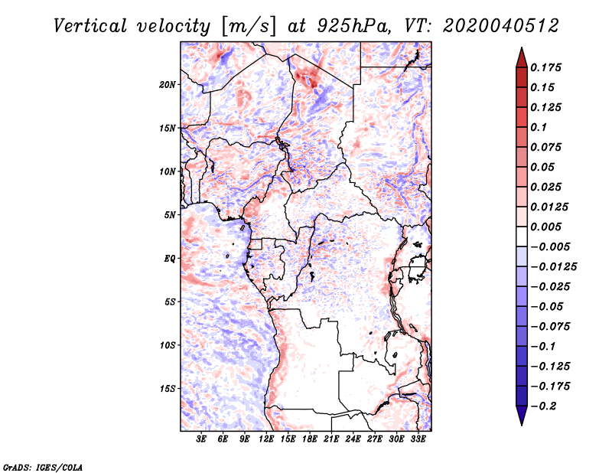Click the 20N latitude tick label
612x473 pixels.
point(168,84)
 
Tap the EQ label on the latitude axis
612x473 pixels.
point(170,259)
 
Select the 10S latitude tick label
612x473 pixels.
point(168,345)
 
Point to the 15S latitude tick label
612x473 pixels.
point(168,389)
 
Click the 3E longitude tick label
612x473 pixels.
point(202,439)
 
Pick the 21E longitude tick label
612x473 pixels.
point(332,439)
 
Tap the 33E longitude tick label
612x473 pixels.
point(418,439)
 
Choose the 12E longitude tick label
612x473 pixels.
point(267,439)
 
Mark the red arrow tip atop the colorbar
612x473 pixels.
point(521,51)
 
